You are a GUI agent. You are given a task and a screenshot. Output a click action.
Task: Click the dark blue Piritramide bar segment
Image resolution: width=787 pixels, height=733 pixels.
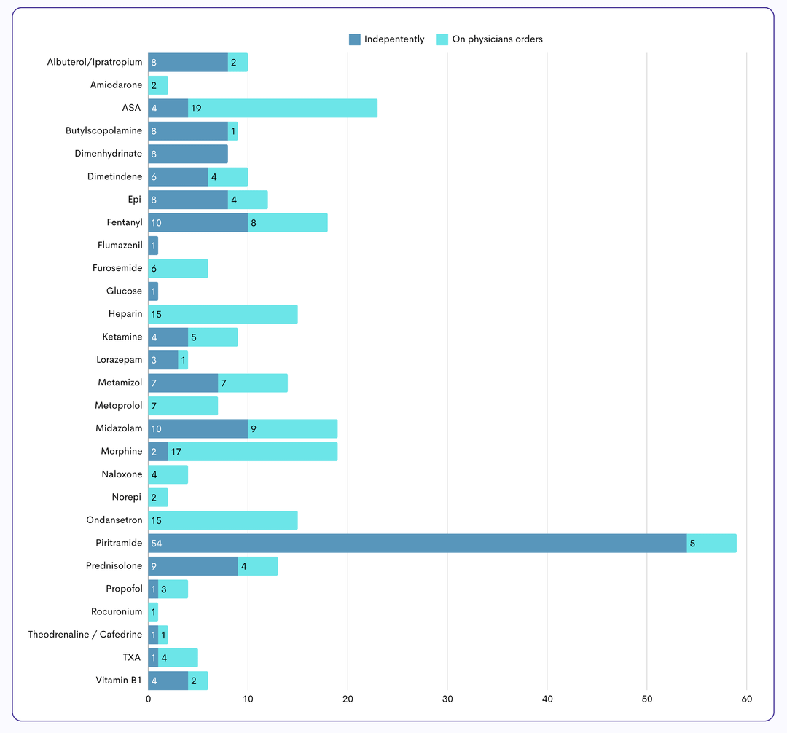[418, 543]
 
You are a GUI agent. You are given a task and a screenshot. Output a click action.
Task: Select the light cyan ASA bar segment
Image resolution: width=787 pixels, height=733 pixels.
[283, 108]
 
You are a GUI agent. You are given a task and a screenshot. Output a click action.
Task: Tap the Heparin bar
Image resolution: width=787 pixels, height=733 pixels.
[223, 314]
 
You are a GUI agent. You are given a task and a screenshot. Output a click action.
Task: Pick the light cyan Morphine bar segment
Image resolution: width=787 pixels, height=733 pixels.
[253, 451]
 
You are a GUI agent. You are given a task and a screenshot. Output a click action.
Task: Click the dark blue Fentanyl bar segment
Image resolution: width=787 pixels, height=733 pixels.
[198, 222]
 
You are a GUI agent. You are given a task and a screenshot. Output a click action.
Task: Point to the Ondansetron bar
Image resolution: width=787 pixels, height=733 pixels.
[223, 520]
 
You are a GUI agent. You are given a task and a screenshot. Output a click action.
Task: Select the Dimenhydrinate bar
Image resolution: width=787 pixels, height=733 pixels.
[188, 154]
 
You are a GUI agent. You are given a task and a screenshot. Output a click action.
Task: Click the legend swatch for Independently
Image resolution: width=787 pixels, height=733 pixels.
[355, 39]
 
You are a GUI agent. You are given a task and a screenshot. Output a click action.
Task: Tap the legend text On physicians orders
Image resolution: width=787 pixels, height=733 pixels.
[497, 39]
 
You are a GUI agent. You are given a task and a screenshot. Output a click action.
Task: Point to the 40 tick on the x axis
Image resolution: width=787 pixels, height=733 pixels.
[547, 699]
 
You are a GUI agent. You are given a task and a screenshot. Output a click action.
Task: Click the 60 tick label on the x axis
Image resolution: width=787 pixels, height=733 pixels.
[747, 699]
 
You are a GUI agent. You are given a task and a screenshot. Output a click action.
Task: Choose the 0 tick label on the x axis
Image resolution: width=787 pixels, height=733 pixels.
[149, 699]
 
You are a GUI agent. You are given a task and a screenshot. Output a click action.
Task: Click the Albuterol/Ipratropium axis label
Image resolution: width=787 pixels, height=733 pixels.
[95, 63]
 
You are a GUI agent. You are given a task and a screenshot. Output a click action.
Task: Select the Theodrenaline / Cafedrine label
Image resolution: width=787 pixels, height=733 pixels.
[85, 634]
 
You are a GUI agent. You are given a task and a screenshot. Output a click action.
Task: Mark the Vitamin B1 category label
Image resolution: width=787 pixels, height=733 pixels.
[119, 680]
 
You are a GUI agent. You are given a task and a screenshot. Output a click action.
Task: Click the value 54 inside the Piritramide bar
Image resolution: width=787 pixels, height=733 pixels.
[157, 543]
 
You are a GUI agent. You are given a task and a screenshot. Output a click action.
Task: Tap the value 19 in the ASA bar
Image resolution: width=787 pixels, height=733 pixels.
[196, 108]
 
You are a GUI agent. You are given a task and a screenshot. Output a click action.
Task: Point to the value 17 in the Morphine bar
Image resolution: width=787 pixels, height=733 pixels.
[176, 451]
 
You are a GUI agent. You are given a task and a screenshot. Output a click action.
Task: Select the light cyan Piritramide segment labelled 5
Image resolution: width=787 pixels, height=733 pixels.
[712, 543]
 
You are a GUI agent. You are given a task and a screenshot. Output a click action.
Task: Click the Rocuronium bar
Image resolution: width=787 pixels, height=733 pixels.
[153, 611]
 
